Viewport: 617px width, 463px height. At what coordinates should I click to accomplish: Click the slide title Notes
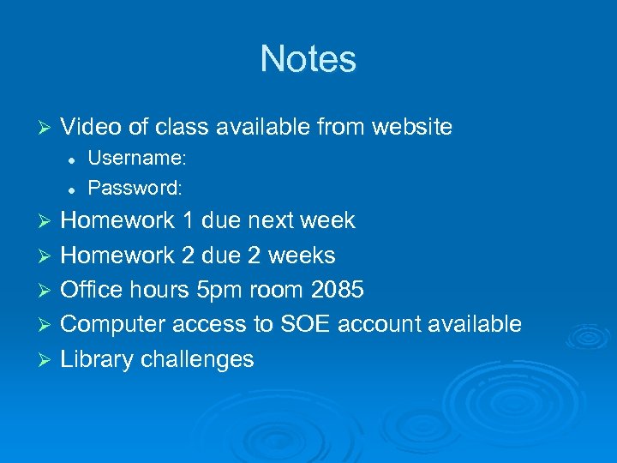(x=308, y=59)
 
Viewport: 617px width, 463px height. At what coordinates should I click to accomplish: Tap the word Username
(x=136, y=159)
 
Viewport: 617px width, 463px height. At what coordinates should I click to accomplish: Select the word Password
(x=135, y=186)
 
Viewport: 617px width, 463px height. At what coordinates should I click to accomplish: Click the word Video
(x=92, y=128)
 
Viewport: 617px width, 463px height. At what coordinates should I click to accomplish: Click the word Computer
(x=113, y=324)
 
